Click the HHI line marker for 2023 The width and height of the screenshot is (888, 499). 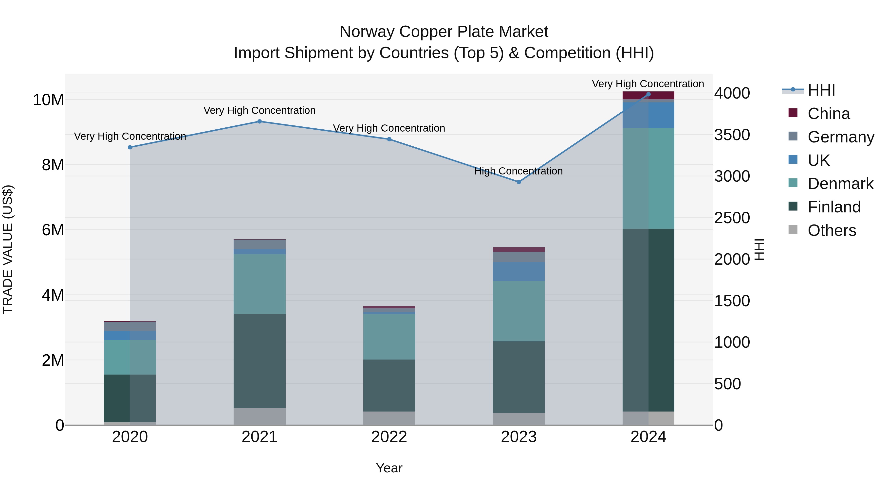(519, 182)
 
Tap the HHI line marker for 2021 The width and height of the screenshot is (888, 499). (259, 121)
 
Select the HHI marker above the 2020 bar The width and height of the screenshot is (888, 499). (130, 147)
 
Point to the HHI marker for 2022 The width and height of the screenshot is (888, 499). (389, 139)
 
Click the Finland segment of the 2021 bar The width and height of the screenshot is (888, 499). (259, 361)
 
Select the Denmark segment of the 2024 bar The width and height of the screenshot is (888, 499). (648, 178)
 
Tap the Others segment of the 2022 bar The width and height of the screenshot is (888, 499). (389, 418)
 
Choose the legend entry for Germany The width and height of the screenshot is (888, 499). (841, 137)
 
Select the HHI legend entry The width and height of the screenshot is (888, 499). (821, 90)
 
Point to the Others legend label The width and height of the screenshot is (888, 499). (832, 230)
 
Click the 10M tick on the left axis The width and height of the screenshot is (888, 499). (48, 100)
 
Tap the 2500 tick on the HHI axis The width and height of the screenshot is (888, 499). (732, 218)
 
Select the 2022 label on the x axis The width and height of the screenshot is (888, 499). (389, 437)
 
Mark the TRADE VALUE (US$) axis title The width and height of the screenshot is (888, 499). (8, 249)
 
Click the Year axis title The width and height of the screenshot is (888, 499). (389, 468)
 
